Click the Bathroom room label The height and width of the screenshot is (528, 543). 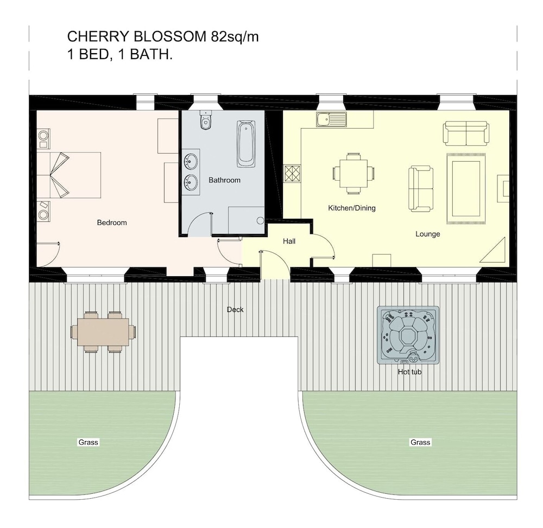224,180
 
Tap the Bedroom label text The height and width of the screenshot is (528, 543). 112,222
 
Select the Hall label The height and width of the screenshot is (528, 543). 289,241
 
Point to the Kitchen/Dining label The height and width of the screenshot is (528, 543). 352,208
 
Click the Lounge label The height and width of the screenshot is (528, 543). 428,234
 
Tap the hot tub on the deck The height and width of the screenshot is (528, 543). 408,335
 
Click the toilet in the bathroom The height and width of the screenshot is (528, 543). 206,120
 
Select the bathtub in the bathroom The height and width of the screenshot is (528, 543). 246,144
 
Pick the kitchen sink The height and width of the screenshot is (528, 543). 331,120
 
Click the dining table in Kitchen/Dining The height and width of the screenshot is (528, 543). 353,173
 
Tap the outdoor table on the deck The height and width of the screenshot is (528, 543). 103,332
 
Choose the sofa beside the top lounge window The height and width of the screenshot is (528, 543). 466,133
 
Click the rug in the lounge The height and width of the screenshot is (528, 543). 466,189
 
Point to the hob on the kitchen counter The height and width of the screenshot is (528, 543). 292,173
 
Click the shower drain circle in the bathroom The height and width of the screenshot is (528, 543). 261,220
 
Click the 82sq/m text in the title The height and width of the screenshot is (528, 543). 235,37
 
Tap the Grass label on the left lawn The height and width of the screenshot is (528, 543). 89,442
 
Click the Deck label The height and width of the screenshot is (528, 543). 235,310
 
